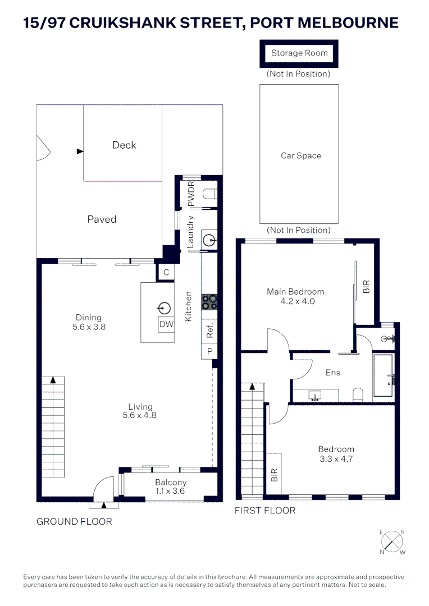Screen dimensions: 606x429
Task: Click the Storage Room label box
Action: tap(299, 53)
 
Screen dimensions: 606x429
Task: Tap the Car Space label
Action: tap(301, 155)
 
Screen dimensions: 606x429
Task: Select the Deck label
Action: tap(124, 145)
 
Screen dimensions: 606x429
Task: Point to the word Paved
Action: tap(102, 219)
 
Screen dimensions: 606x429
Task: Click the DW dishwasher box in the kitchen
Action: tap(166, 324)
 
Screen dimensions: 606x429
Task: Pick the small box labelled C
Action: tap(166, 272)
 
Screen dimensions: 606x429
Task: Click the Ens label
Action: tap(333, 372)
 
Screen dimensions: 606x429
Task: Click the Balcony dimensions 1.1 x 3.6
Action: tap(170, 491)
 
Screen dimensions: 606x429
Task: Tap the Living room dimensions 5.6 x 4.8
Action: tap(139, 416)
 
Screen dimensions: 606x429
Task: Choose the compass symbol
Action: tap(393, 541)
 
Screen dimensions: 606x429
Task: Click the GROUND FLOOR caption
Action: tap(74, 521)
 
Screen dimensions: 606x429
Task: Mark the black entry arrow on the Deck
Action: tap(80, 151)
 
